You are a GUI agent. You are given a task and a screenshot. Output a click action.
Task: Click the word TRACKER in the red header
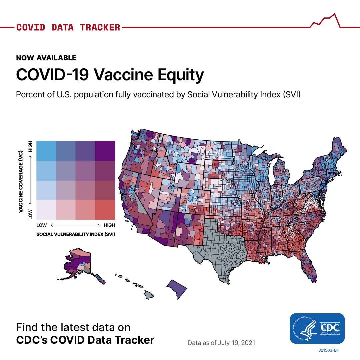click(x=100, y=27)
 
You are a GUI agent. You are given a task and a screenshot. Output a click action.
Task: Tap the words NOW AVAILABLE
click(x=46, y=58)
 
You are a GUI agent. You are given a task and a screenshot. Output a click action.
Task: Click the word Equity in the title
click(x=181, y=75)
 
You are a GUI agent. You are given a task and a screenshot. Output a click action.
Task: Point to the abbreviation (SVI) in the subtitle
click(x=292, y=94)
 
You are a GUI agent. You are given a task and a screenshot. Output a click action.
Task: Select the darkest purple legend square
click(x=105, y=151)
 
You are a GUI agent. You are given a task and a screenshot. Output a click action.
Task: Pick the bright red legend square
click(x=105, y=210)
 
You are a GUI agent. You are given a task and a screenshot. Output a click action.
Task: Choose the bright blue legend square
click(x=46, y=151)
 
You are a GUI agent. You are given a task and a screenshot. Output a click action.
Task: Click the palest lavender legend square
click(x=46, y=210)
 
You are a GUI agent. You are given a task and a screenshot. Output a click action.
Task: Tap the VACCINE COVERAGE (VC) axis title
click(x=21, y=181)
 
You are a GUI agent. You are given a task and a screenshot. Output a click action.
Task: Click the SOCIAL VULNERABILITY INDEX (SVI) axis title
click(x=76, y=234)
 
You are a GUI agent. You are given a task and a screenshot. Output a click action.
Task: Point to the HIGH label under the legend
click(x=109, y=225)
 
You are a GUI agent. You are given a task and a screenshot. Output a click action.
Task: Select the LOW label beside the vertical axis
click(x=30, y=214)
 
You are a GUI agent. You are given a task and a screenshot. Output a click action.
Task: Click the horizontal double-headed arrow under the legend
click(x=75, y=225)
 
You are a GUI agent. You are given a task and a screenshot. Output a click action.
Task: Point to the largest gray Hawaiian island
click(x=149, y=295)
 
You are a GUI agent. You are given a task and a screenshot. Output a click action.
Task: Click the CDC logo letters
click(x=330, y=328)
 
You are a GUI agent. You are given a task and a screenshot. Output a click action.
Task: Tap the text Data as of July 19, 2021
click(x=221, y=343)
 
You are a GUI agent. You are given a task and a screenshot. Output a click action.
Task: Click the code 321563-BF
click(x=329, y=350)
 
